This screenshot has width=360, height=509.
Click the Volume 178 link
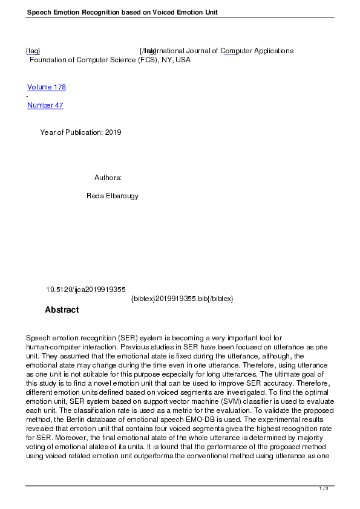click(47, 87)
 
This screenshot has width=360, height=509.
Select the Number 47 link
click(45, 105)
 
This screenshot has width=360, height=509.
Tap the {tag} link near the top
click(33, 51)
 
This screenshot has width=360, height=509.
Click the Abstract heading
click(62, 310)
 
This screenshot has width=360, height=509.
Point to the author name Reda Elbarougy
click(114, 196)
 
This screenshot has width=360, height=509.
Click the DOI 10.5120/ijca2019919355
click(86, 290)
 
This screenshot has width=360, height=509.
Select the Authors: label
click(108, 178)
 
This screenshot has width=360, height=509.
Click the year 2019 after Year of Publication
click(113, 132)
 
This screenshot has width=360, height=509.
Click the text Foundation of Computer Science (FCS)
click(94, 60)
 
